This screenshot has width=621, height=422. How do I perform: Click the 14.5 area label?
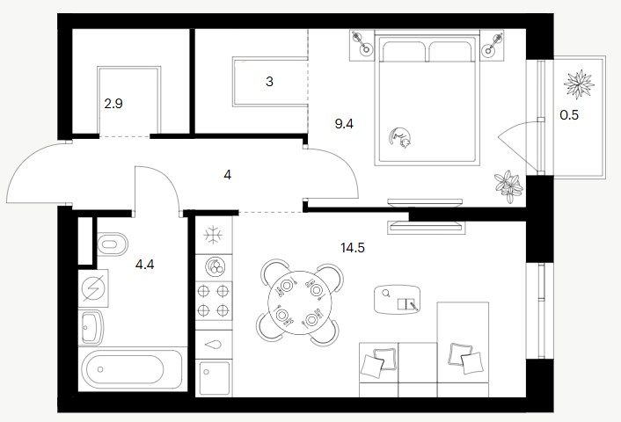pyautogui.click(x=353, y=248)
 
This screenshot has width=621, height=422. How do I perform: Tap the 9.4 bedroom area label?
pyautogui.click(x=344, y=124)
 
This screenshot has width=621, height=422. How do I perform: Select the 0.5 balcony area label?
pyautogui.click(x=569, y=115)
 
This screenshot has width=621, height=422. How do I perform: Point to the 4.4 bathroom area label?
pyautogui.click(x=144, y=264)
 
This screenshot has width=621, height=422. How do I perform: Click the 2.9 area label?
pyautogui.click(x=113, y=104)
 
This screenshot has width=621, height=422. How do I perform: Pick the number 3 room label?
pyautogui.click(x=269, y=82)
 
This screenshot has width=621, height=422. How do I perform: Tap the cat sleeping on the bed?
pyautogui.click(x=400, y=137)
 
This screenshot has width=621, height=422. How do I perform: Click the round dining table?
pyautogui.click(x=300, y=302)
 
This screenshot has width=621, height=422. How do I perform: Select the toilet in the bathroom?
pyautogui.click(x=112, y=244)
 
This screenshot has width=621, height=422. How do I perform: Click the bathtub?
pyautogui.click(x=132, y=369)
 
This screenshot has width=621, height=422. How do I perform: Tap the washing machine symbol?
pyautogui.click(x=93, y=288)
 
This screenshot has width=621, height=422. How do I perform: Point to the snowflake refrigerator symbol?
pyautogui.click(x=213, y=235)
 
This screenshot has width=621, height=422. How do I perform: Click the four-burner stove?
pyautogui.click(x=214, y=302)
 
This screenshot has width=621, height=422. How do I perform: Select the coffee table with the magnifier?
pyautogui.click(x=397, y=299)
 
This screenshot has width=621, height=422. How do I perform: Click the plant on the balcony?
pyautogui.click(x=579, y=84)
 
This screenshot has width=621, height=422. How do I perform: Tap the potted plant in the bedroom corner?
pyautogui.click(x=508, y=186)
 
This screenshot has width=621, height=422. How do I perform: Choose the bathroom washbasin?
pyautogui.click(x=91, y=328)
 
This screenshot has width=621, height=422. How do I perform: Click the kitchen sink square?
pyautogui.click(x=215, y=378)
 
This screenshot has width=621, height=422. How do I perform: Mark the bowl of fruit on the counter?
pyautogui.click(x=216, y=266)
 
